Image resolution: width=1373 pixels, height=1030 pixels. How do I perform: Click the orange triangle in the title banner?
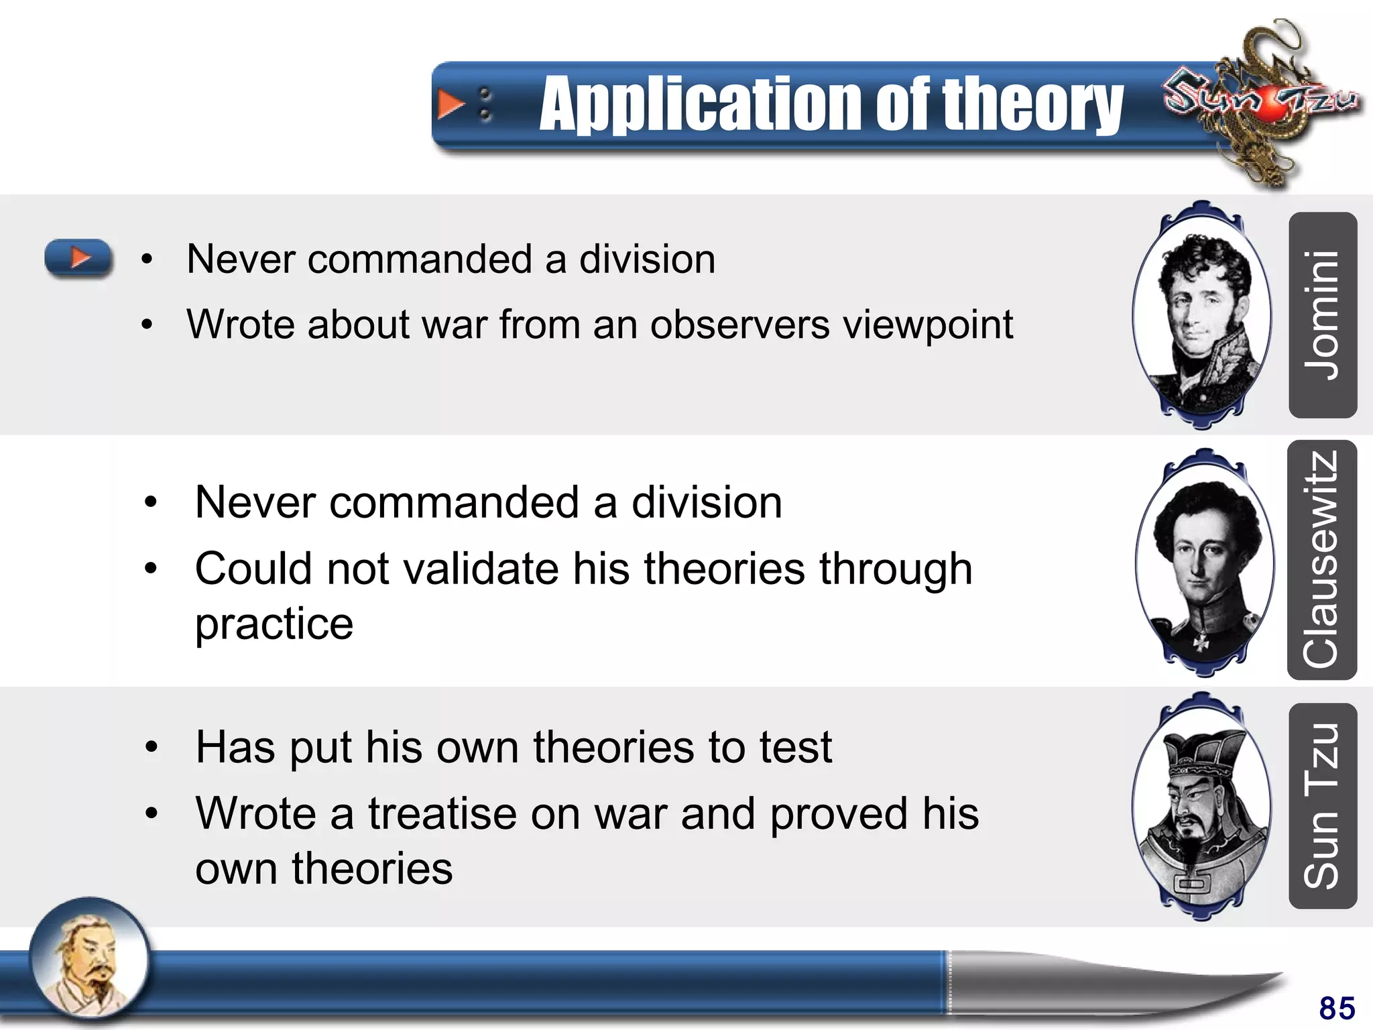[450, 105]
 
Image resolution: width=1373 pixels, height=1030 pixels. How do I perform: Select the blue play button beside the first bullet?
[78, 257]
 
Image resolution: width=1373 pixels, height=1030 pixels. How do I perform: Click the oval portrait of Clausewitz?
[1205, 562]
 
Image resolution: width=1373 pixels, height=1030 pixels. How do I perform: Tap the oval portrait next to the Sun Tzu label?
[1201, 807]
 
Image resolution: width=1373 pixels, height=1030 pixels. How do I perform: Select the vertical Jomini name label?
[1322, 315]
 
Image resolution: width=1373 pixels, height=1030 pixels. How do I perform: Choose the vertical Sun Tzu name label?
[1322, 806]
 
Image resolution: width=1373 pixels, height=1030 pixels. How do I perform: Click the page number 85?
[1337, 1008]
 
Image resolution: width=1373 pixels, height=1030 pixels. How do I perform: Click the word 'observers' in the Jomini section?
[739, 325]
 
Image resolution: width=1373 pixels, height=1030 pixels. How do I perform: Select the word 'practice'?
[274, 624]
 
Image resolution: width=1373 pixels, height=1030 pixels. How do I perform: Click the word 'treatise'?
[442, 814]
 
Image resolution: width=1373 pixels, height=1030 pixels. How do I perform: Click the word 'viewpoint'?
[929, 325]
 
